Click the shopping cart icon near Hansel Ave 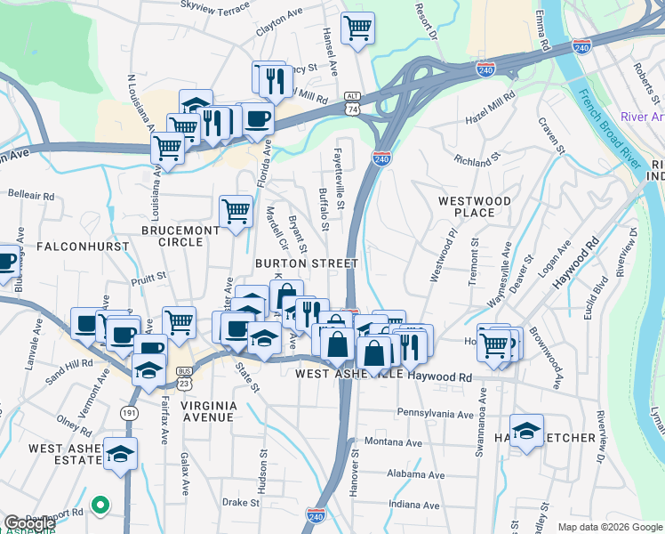coord(357,28)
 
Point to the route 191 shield coord(129,413)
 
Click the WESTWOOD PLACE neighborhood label coord(474,207)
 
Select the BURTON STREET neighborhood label coord(306,263)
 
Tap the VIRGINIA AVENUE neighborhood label coord(210,411)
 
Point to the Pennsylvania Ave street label coord(435,414)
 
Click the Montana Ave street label coord(392,442)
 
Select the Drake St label coord(240,502)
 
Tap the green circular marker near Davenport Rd coord(100,506)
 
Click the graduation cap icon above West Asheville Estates coord(120,454)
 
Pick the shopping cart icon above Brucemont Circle coord(236,212)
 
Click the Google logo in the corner coord(29,523)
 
